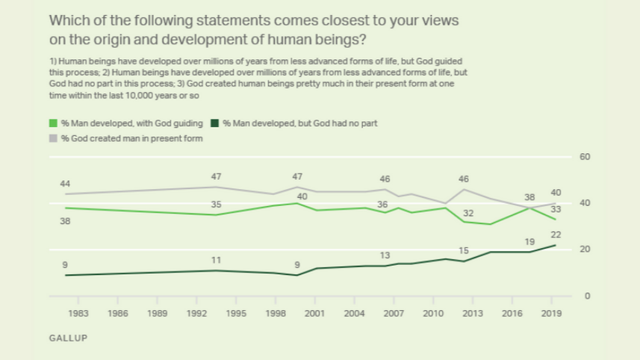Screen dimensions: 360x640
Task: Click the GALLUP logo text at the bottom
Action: [68, 338]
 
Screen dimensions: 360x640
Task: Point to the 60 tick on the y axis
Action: [585, 157]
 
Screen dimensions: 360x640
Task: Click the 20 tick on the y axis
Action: [585, 249]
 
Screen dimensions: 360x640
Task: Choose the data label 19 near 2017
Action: [529, 242]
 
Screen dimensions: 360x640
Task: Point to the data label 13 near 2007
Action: [385, 255]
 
